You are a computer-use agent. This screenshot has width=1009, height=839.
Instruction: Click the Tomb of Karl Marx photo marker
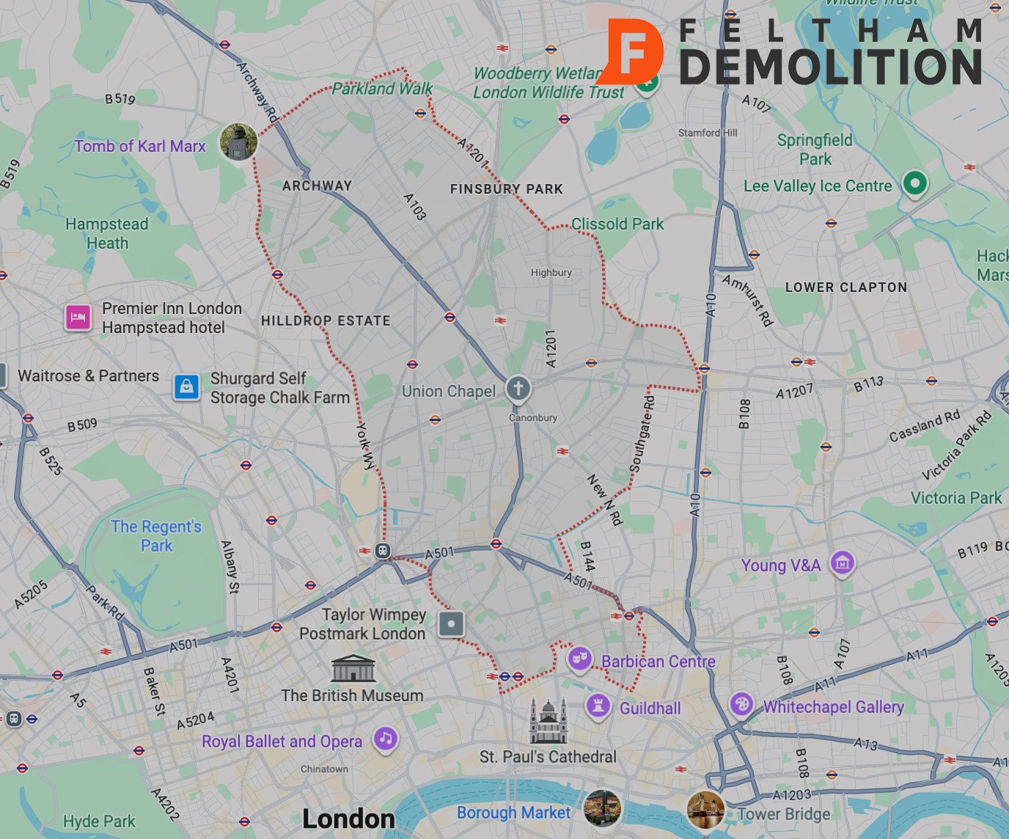tap(238, 142)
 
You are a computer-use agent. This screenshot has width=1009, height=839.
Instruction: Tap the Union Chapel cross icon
tap(518, 388)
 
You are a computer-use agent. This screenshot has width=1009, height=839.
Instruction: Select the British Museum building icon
tap(353, 669)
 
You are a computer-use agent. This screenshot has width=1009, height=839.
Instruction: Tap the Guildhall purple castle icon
tap(598, 706)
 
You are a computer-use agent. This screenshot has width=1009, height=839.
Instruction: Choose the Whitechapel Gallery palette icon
tap(741, 704)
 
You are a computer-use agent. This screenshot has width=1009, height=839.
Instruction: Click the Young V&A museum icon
tap(842, 563)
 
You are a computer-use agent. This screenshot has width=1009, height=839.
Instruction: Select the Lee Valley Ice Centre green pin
tap(914, 183)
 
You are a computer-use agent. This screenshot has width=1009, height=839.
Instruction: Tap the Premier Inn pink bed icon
tap(78, 318)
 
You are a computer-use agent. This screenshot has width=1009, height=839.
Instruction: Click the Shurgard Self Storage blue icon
tap(186, 386)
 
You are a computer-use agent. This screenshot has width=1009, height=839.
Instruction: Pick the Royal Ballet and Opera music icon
tap(386, 739)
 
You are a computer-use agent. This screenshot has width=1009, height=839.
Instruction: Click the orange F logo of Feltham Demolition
tap(634, 51)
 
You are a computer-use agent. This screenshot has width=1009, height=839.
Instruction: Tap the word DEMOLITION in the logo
tap(830, 67)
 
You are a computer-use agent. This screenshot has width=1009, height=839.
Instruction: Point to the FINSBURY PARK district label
tap(506, 188)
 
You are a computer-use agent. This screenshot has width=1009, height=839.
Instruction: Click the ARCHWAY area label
tap(317, 186)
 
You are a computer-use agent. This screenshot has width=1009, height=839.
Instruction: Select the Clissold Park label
tap(617, 224)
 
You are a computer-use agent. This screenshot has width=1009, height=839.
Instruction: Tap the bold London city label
tap(348, 819)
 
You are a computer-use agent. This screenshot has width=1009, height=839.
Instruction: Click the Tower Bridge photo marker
tap(705, 810)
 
